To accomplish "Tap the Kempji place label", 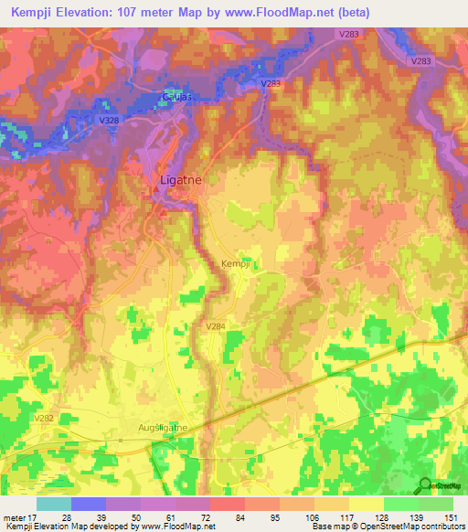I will pos(236,262).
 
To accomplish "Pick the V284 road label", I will pos(216,326).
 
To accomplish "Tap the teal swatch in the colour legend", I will pos(53,504).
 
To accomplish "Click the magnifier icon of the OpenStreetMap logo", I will pos(423,484).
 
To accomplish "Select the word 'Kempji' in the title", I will pos(29,13).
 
